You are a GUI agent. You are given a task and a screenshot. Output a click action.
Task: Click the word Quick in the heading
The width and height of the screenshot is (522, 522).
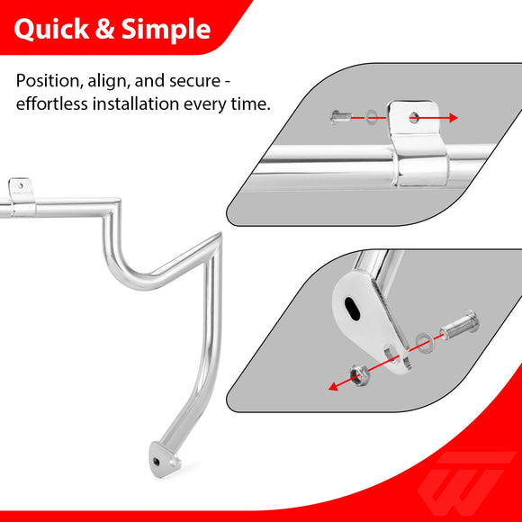coord(49,30)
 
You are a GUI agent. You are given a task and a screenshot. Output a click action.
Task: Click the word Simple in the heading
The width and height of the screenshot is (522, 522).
coord(166,30)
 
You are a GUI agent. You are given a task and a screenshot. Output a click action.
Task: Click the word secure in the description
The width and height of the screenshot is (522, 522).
coord(202,81)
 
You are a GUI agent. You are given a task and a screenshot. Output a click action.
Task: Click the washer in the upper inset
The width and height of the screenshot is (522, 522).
coord(371,117)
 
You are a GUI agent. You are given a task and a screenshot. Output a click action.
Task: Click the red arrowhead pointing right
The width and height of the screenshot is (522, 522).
coord(453,117)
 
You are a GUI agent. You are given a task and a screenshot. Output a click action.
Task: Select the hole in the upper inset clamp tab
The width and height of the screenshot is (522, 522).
coord(412,117)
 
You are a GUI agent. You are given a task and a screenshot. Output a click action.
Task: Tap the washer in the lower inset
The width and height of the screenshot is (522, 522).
coord(424,340)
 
